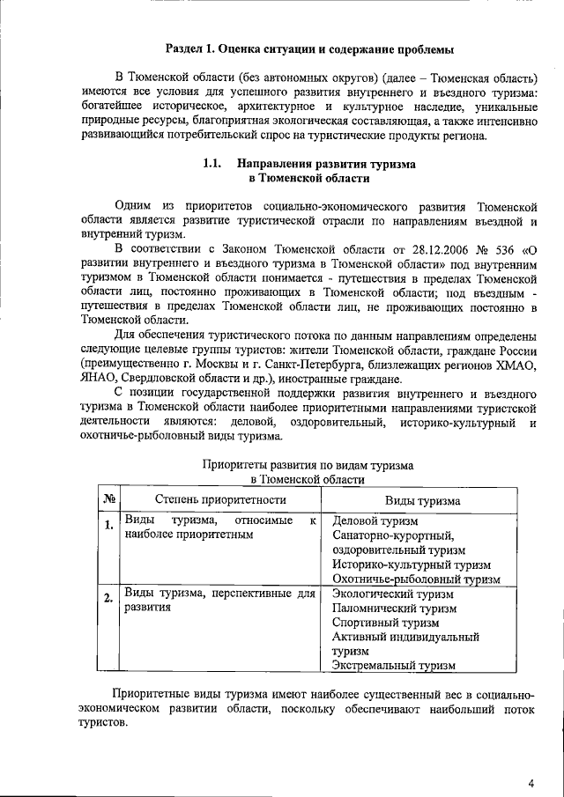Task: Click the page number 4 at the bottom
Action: click(x=531, y=782)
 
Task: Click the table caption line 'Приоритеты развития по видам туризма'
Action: click(x=308, y=464)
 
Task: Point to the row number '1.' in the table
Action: click(x=108, y=527)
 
